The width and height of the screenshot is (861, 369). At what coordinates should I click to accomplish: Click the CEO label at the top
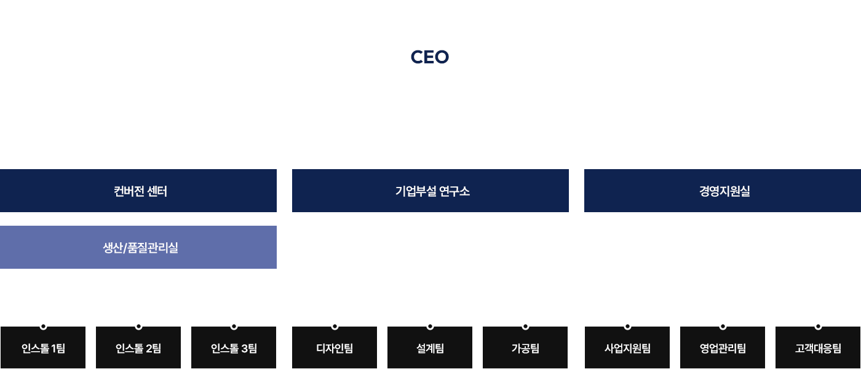[430, 57]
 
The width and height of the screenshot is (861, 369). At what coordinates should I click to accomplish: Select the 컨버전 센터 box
[138, 191]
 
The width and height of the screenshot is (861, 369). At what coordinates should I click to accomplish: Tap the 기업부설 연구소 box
[430, 191]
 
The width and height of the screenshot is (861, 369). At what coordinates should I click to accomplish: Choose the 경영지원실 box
[722, 191]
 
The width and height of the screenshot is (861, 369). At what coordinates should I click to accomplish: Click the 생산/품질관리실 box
[138, 247]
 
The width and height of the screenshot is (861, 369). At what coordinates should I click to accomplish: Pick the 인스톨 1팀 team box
[43, 348]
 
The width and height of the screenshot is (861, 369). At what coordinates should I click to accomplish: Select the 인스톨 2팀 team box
[138, 348]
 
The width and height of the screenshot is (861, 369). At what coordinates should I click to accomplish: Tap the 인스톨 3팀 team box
[234, 348]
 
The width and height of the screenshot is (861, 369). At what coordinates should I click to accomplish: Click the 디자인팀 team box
[335, 348]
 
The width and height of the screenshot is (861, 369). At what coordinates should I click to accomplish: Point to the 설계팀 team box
[430, 348]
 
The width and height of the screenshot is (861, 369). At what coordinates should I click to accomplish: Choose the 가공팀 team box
[525, 348]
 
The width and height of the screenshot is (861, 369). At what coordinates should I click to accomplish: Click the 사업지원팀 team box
[627, 348]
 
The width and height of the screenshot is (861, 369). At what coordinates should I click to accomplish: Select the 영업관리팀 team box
[723, 348]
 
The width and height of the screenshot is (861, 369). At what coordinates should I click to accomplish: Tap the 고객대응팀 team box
[818, 348]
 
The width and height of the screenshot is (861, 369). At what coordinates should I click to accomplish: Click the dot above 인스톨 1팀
[43, 327]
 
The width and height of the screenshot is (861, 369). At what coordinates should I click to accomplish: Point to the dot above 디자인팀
[335, 327]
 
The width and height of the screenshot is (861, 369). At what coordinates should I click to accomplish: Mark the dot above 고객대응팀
[818, 327]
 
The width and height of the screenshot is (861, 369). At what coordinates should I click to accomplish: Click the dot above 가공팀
[525, 327]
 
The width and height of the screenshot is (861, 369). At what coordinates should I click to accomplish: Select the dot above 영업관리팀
[723, 327]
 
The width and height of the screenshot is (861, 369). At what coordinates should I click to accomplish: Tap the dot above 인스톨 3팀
[234, 327]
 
